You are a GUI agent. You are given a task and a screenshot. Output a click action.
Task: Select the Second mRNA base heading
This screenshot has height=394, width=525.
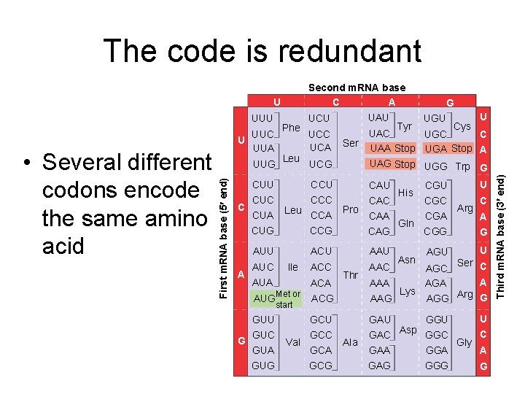357,88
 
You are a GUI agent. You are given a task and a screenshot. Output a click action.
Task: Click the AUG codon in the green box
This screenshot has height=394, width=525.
264,298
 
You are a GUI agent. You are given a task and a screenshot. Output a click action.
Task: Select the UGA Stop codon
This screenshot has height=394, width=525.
448,148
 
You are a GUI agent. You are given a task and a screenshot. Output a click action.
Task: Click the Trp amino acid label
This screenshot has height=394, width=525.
462,167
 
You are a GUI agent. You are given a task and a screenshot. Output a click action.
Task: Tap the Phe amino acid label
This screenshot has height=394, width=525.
291,128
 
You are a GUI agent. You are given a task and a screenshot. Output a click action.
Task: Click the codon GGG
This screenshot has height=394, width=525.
436,366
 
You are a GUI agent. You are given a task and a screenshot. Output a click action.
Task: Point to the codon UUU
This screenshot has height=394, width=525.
262,117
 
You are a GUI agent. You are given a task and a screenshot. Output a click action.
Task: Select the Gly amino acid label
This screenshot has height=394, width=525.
464,342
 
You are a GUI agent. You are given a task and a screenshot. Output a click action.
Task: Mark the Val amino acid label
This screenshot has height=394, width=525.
293,342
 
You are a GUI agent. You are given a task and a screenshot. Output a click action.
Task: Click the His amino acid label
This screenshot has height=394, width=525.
406,193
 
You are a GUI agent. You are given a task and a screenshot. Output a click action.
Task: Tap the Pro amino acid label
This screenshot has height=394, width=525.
351,209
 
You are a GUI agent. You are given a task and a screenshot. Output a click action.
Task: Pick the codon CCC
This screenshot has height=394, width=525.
322,200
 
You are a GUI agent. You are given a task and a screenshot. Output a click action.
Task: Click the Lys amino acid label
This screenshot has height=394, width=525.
408,291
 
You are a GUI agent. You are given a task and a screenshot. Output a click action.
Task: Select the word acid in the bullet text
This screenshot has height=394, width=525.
63,247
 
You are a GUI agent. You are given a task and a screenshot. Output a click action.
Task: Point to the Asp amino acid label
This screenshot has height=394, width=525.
408,330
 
